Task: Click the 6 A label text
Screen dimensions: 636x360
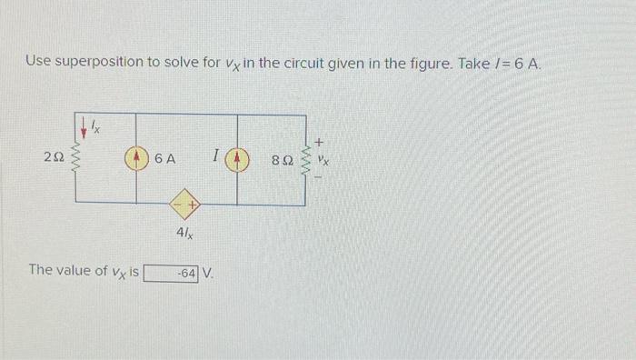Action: click(x=165, y=159)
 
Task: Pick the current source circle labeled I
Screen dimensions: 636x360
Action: click(x=239, y=159)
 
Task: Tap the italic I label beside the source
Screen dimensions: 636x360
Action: click(x=215, y=158)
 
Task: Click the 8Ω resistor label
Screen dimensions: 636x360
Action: click(x=283, y=160)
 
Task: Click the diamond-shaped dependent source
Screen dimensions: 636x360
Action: click(x=188, y=205)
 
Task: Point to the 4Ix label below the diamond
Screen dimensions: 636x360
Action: click(x=184, y=233)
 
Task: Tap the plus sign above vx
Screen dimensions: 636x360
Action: click(x=320, y=140)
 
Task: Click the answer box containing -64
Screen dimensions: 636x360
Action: click(x=172, y=272)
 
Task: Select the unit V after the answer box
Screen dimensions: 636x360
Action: click(x=208, y=272)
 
